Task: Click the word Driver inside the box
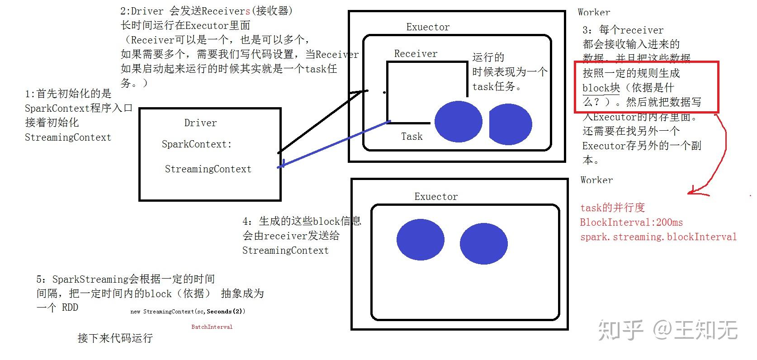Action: [200, 123]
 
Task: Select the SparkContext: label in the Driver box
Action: [197, 144]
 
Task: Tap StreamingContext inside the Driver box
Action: [208, 169]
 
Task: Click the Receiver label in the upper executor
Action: [416, 54]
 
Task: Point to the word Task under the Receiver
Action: [412, 137]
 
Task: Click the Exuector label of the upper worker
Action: [428, 27]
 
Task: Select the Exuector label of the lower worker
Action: [436, 197]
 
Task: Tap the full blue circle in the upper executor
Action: [458, 122]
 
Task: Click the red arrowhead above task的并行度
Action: [692, 193]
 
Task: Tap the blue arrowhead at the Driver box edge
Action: [281, 166]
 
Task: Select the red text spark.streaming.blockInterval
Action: [658, 237]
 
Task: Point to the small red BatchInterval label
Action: [212, 327]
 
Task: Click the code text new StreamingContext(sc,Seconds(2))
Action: [188, 312]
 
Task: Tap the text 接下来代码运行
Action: [115, 338]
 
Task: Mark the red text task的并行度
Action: [612, 208]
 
